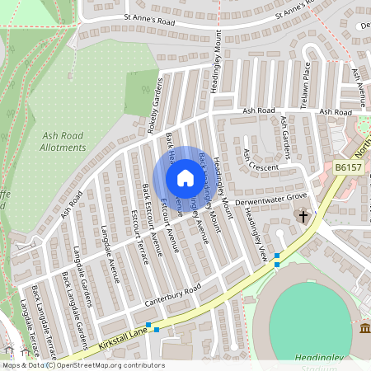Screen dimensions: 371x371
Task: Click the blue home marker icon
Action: tap(185, 178)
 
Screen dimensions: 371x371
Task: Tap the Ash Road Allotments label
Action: tap(63, 141)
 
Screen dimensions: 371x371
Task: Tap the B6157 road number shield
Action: tap(349, 167)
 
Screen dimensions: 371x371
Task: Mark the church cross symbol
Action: tap(303, 217)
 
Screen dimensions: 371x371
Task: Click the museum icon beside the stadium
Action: tap(364, 330)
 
